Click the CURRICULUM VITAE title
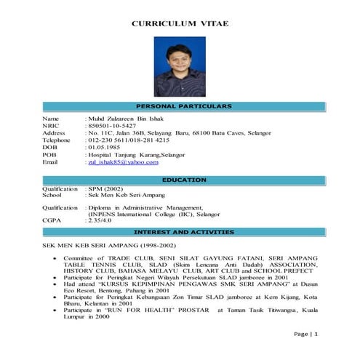[x=180, y=24]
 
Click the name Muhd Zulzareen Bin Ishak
[x=129, y=118]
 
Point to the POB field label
[x=49, y=155]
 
